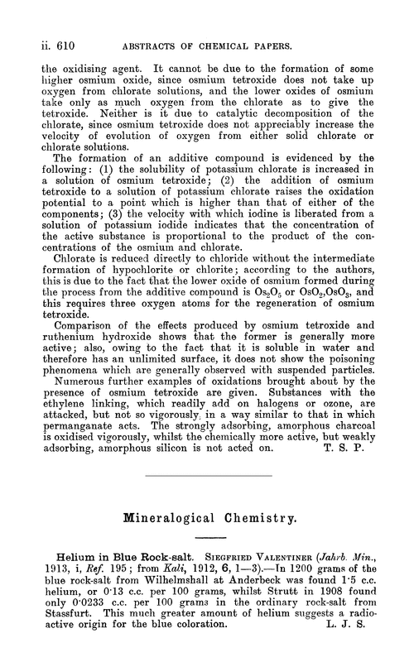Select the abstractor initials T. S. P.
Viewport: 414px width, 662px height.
tap(359, 425)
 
